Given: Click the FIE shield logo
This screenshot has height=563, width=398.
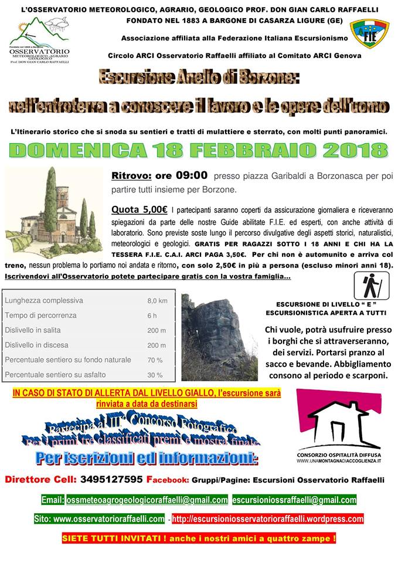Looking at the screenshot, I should [x=369, y=35].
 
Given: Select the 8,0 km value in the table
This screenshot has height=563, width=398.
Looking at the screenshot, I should [x=157, y=301].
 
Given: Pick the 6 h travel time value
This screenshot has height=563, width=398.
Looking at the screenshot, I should [x=152, y=316].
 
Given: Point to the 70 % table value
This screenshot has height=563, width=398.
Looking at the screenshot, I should [x=155, y=360].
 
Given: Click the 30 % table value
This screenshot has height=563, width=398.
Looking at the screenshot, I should [x=155, y=375].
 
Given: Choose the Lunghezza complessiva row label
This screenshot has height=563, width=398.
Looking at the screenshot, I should [x=44, y=301].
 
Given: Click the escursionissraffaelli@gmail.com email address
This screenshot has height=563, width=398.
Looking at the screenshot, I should [x=294, y=500].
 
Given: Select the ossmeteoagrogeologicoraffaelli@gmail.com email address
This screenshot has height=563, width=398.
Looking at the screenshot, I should [x=147, y=500].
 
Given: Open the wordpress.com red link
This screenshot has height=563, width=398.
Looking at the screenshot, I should [x=267, y=519].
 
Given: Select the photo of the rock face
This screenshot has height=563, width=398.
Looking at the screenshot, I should [x=219, y=337].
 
